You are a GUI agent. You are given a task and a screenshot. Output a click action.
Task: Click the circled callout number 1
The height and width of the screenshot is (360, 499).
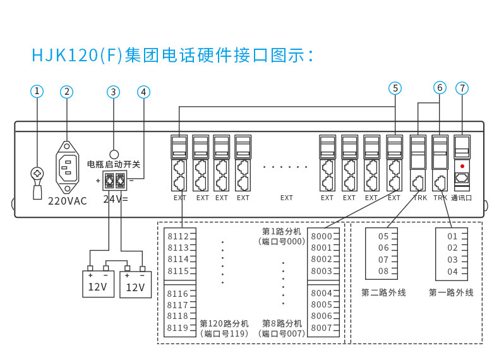pos(37,92)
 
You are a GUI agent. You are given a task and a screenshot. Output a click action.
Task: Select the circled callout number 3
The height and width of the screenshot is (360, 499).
pos(113,92)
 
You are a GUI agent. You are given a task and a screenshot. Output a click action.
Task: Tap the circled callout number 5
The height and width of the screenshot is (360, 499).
pos(395,88)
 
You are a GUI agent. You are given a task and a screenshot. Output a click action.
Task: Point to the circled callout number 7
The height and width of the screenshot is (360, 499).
pos(462,88)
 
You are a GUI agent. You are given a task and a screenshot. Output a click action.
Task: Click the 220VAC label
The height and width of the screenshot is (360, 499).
pos(68,201)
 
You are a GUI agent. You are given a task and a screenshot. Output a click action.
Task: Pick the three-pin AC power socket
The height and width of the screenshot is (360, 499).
pos(67,167)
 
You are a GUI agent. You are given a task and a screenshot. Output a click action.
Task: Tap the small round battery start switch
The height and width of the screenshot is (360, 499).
pos(114,154)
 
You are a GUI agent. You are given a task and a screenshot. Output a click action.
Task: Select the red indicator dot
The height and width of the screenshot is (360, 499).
pos(462,166)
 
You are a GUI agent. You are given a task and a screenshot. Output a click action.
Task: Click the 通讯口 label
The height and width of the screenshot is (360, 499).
pos(462,198)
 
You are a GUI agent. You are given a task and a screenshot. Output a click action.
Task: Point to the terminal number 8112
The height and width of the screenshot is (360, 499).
pos(178,236)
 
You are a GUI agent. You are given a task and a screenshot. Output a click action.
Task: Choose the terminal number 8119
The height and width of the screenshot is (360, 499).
pos(178,328)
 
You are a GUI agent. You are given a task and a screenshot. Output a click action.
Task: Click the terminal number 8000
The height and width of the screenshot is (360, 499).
pos(322,236)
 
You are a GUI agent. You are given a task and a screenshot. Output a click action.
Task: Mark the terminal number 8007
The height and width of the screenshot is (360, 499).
pos(322,328)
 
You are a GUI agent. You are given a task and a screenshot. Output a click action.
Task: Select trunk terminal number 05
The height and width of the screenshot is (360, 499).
pos(383,236)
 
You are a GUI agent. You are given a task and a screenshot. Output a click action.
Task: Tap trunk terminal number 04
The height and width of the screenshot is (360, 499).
pos(452,272)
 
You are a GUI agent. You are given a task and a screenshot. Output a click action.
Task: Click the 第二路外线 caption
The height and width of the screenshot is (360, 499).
pos(384,292)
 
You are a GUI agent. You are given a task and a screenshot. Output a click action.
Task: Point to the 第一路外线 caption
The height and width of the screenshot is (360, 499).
pos(451,292)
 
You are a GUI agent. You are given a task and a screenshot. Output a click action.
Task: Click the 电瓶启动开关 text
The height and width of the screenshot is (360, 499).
pos(114,164)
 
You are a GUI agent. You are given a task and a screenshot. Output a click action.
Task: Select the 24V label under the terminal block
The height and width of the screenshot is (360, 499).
pos(116,199)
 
